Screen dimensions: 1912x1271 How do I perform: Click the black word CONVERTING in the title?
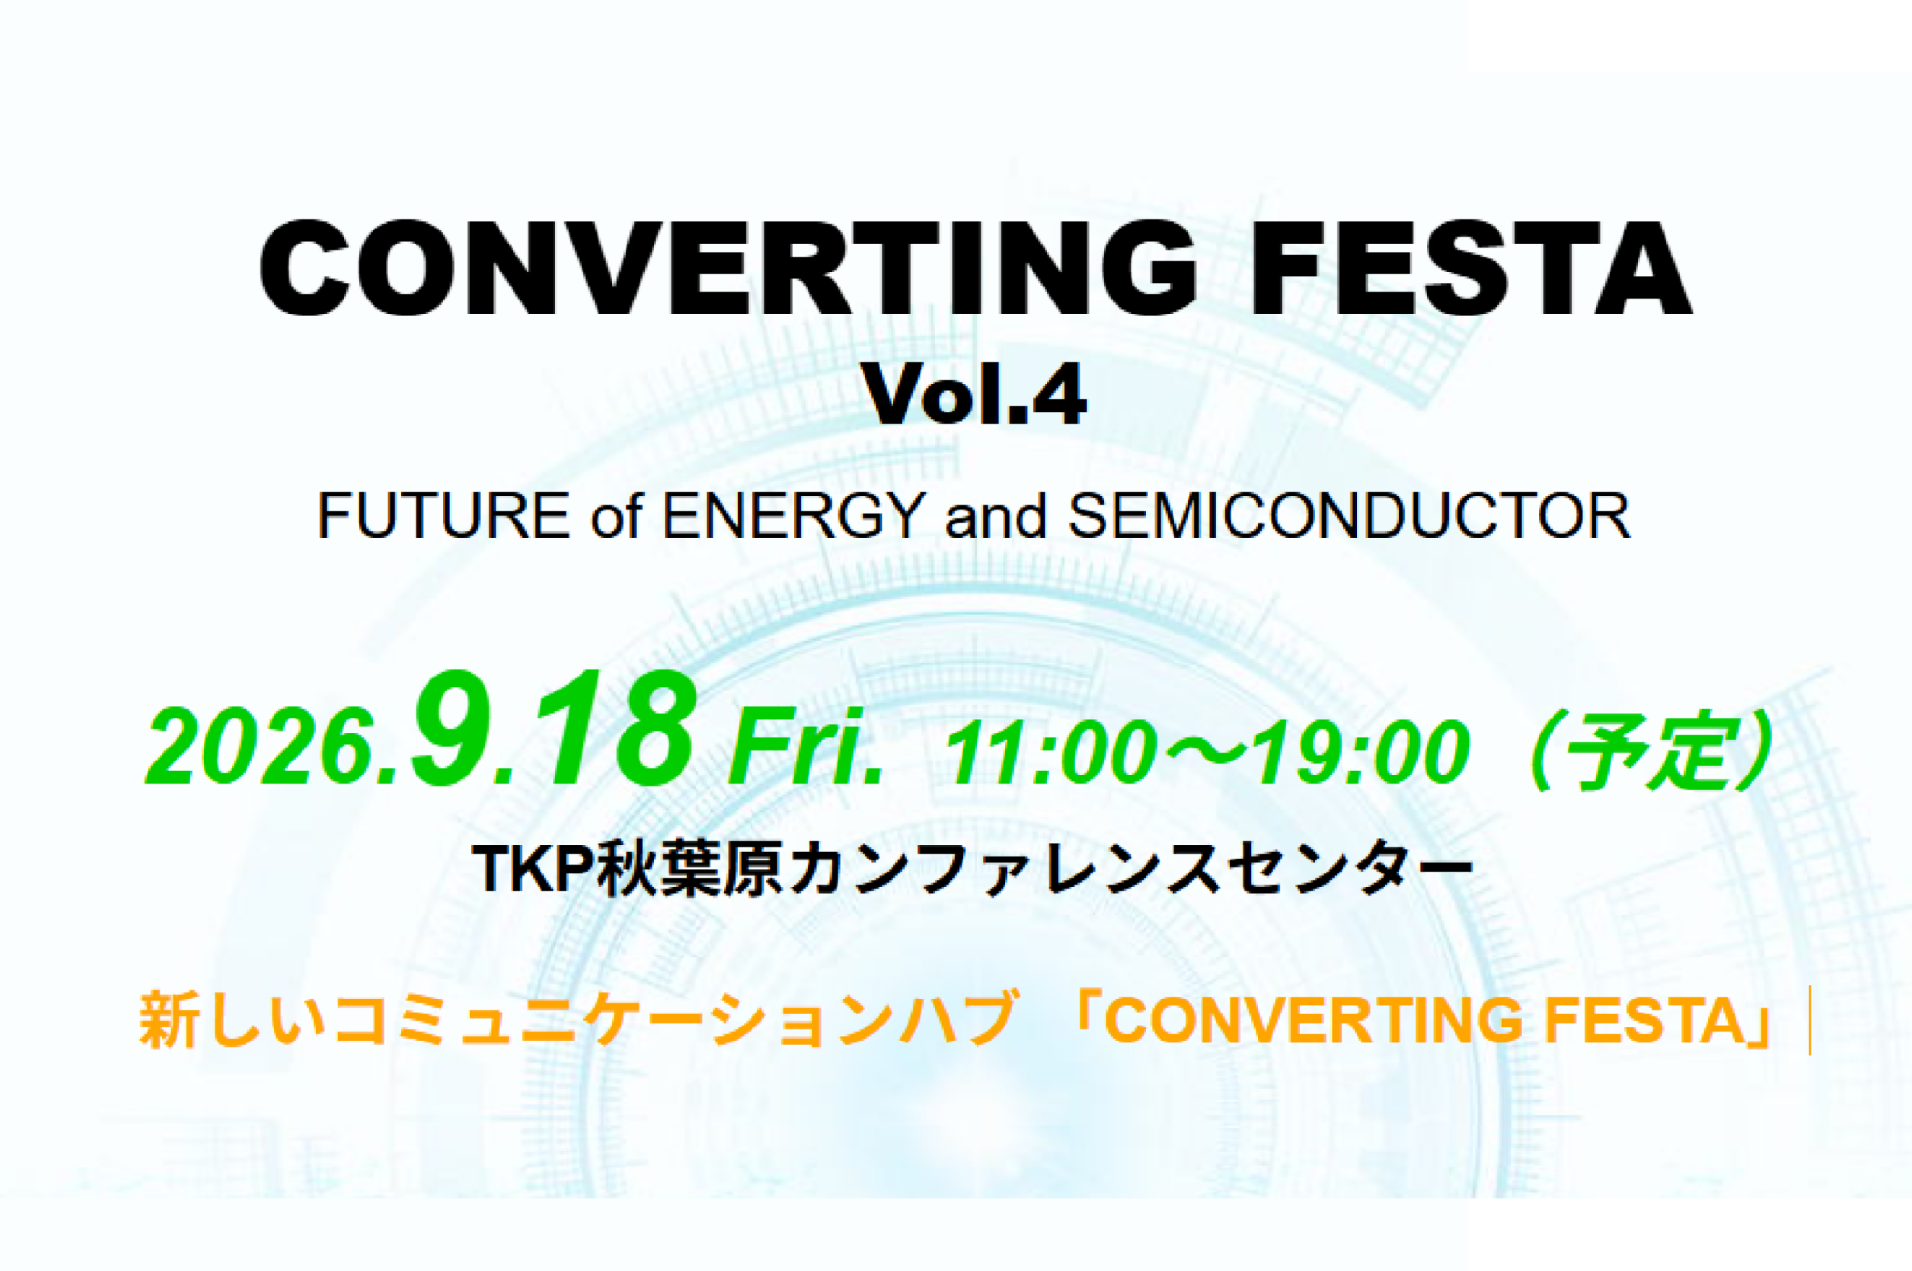728,268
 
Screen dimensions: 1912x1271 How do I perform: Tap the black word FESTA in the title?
1470,268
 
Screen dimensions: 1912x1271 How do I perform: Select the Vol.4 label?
974,395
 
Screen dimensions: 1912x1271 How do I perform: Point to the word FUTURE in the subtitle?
443,515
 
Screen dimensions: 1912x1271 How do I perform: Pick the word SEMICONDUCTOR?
1349,515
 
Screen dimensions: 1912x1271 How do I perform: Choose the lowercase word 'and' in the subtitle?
995,516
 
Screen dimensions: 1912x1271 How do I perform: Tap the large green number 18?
608,728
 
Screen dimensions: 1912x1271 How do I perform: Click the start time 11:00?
1050,752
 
